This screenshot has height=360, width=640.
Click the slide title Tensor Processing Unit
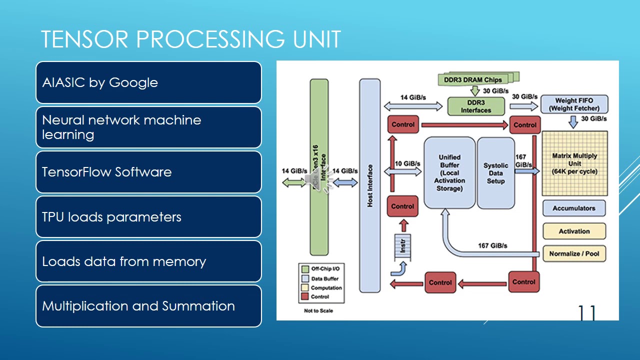tap(190, 39)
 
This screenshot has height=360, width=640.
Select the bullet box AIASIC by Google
tap(148, 82)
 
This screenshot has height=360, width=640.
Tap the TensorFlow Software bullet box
tap(148, 172)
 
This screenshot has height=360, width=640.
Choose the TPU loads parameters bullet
tap(148, 217)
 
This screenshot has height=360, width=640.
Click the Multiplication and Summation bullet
tap(148, 306)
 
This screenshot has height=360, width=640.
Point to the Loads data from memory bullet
tap(148, 261)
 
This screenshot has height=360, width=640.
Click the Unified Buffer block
tap(449, 172)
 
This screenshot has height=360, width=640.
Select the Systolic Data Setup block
tap(495, 172)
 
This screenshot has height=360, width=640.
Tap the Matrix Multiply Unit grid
tap(574, 163)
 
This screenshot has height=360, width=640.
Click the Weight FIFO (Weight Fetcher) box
tap(574, 104)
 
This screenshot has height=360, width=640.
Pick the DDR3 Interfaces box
tap(475, 106)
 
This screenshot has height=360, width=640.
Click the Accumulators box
tap(573, 208)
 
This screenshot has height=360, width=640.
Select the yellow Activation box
tap(574, 231)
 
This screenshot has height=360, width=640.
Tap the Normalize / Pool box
tap(574, 253)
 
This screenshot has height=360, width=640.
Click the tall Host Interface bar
tap(370, 185)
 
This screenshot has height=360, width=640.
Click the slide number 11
tap(587, 313)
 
